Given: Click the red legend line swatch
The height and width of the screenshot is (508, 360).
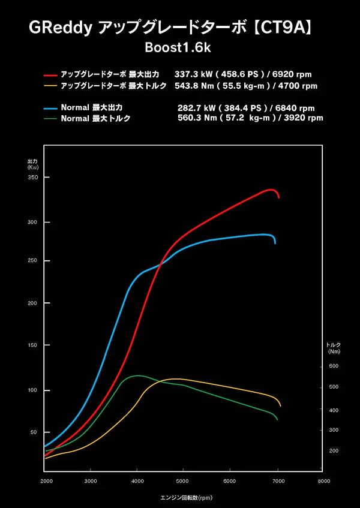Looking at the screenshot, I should click(50, 76).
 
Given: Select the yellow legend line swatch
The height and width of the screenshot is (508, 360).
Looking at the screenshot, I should click(50, 86).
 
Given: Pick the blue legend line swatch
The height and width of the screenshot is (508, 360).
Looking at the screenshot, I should click(50, 109).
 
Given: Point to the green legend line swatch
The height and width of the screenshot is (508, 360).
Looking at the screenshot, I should click(50, 118).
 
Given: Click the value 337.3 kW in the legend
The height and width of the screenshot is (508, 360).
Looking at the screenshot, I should click(190, 75).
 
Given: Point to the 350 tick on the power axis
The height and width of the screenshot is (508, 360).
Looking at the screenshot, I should click(32, 178).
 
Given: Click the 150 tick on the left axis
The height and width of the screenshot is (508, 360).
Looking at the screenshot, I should click(32, 345).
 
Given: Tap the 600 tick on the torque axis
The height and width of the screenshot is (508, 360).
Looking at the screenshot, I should click(334, 366).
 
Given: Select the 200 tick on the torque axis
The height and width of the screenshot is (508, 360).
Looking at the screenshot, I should click(334, 450).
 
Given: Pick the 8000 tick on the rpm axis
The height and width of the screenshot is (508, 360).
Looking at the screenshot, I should click(324, 481).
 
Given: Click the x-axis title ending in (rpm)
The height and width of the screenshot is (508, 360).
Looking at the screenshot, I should click(186, 498).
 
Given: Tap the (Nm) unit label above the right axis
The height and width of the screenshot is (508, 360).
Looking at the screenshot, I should click(334, 352).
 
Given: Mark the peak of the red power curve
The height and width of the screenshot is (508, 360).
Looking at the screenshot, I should click(271, 190).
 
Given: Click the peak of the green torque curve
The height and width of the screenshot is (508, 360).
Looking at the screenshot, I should click(138, 375).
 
